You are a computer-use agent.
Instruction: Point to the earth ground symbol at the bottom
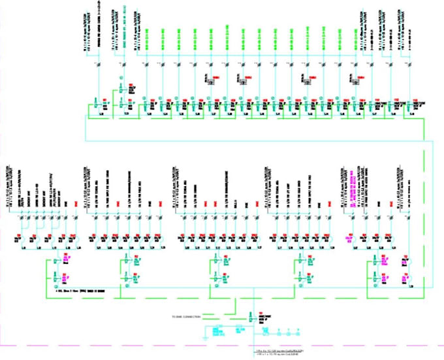[204, 338]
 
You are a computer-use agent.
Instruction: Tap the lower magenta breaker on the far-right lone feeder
[408, 278]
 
